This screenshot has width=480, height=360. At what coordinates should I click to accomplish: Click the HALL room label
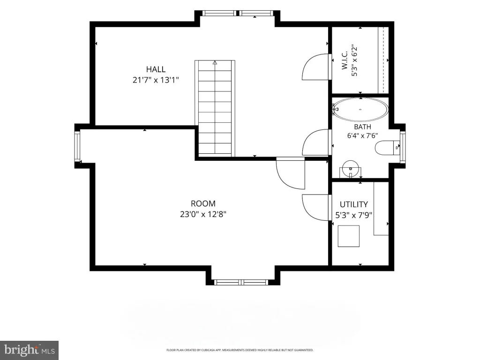click(156, 69)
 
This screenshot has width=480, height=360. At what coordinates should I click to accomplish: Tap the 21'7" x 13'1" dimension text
click(156, 80)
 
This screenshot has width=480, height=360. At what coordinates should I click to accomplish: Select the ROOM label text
click(203, 203)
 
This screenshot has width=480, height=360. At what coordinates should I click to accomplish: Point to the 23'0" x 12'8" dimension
click(203, 214)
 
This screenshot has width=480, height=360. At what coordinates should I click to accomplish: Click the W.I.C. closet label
click(345, 60)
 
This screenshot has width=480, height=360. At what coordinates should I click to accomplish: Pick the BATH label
click(362, 127)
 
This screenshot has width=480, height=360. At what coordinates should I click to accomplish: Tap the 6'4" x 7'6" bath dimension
click(362, 135)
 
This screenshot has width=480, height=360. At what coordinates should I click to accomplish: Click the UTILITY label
click(353, 204)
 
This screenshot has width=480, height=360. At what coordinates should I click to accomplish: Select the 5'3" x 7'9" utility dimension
click(353, 215)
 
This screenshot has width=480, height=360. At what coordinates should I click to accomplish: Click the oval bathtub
click(360, 109)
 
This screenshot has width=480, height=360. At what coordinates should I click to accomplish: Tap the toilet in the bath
click(387, 148)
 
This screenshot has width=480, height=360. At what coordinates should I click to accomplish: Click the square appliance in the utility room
click(348, 236)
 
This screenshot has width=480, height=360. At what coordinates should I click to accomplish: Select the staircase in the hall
click(215, 108)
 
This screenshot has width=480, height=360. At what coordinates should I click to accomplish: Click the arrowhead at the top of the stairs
click(215, 62)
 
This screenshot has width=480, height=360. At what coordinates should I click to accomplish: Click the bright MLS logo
click(30, 350)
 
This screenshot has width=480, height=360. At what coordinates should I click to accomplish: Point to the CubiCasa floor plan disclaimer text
click(240, 350)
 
